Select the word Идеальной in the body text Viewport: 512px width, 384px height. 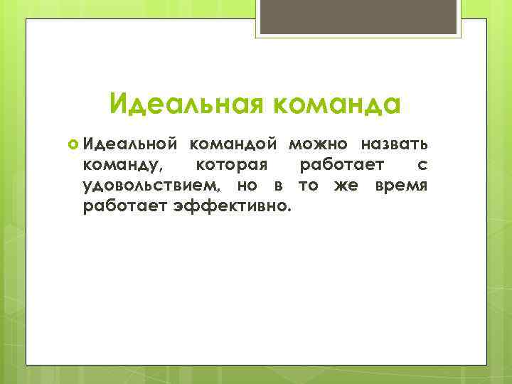[129, 145]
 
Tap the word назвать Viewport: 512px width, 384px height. [394, 145]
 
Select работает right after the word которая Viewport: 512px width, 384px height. [343, 166]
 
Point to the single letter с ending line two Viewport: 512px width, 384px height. [422, 166]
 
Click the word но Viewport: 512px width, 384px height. [248, 186]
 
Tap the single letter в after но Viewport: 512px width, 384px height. [279, 186]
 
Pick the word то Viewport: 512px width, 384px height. [307, 186]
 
